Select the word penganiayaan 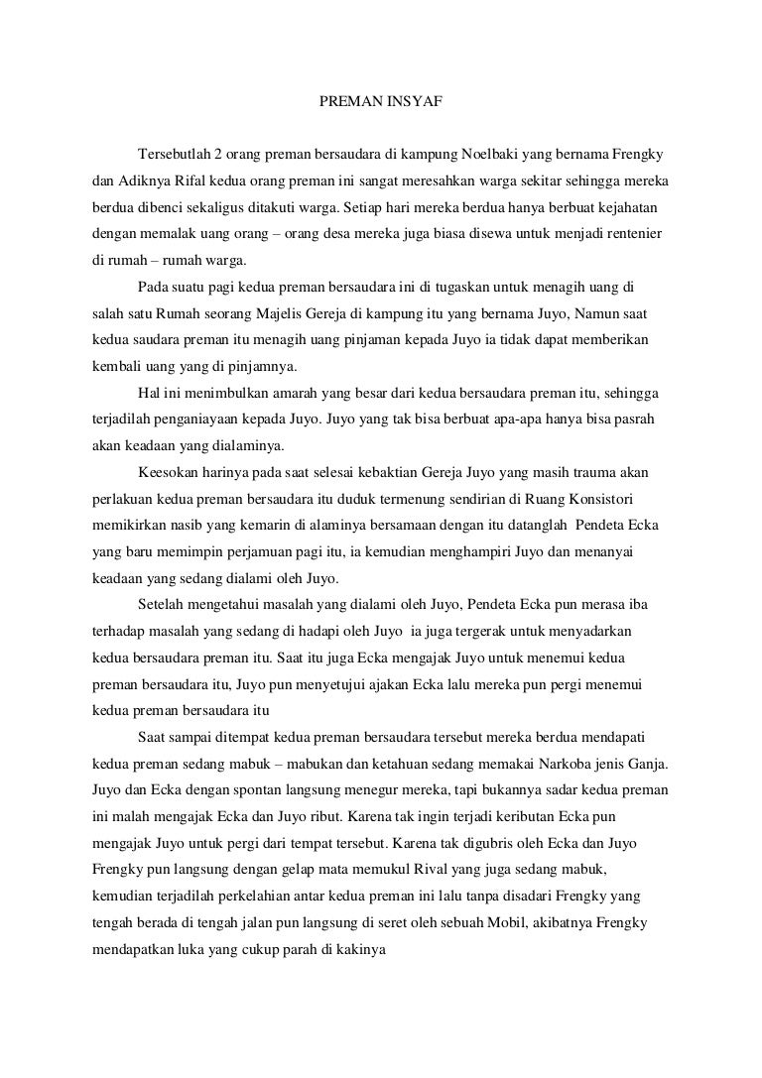197,418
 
